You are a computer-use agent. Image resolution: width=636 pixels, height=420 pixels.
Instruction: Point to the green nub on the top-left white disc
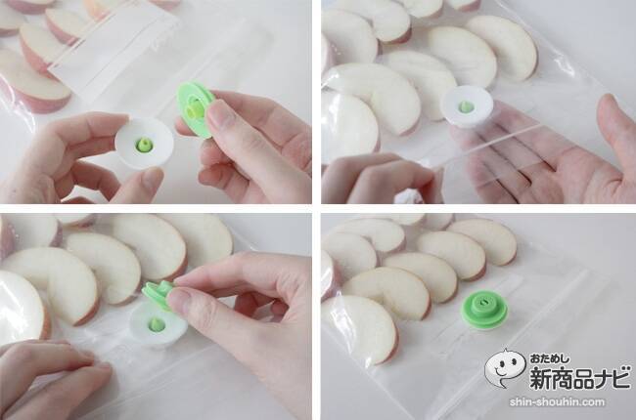pyautogui.click(x=144, y=145)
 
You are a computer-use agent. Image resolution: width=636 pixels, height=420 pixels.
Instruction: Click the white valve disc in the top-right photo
pyautogui.click(x=467, y=106)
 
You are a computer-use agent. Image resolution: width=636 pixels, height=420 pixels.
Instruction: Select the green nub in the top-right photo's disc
pyautogui.click(x=466, y=106)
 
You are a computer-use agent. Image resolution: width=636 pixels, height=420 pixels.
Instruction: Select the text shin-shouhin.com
pyautogui.click(x=557, y=402)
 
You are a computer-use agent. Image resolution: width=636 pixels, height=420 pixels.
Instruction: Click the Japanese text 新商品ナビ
pyautogui.click(x=580, y=377)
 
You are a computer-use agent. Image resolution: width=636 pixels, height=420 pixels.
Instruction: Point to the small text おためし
pyautogui.click(x=549, y=358)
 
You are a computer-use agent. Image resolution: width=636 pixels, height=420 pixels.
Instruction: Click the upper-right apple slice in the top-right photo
pyautogui.click(x=502, y=48)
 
